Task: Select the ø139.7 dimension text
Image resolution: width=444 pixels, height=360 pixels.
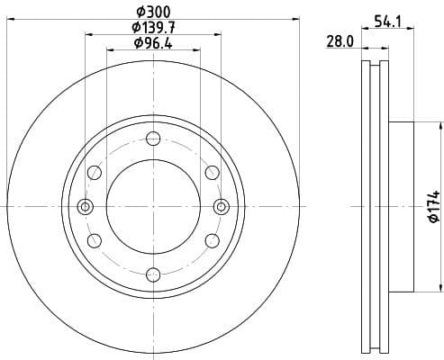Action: [x=153, y=28]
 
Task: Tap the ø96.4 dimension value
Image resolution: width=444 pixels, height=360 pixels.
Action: [x=153, y=43]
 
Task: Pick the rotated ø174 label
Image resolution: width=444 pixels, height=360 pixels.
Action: [x=433, y=207]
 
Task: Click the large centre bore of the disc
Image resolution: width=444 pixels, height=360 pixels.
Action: [x=153, y=207]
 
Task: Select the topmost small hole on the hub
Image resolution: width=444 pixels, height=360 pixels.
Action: [x=153, y=139]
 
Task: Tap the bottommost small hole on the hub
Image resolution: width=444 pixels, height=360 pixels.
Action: [x=153, y=274]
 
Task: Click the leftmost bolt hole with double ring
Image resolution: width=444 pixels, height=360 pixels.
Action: [x=86, y=207]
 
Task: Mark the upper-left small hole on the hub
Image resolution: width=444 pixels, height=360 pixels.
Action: [x=95, y=173]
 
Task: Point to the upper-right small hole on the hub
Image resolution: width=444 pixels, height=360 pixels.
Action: [x=212, y=173]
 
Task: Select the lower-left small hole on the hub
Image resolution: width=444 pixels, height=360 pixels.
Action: [x=95, y=240]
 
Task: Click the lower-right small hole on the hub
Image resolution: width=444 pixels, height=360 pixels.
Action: [x=212, y=240]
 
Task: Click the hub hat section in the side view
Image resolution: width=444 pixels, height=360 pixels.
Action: [x=400, y=207]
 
